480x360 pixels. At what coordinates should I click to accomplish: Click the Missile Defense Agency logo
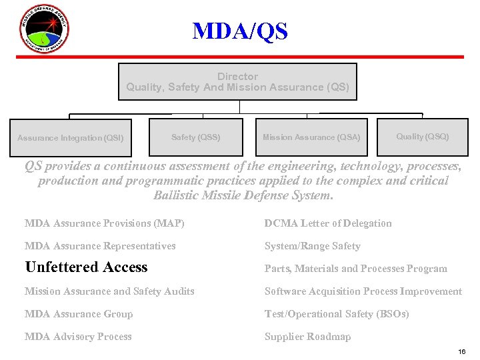[x=43, y=29]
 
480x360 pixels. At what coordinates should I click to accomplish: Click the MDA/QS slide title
[x=240, y=31]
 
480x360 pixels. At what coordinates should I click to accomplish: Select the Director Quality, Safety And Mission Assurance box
[x=237, y=82]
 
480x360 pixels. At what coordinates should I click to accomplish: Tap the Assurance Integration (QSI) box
[x=70, y=138]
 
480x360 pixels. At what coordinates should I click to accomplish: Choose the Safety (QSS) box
[x=195, y=137]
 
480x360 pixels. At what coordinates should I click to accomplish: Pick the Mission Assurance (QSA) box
[x=311, y=137]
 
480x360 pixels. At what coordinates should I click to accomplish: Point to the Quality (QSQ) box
[x=423, y=137]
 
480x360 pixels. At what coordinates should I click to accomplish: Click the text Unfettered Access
[x=86, y=267]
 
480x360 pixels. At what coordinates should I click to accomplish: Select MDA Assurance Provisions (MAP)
[x=104, y=223]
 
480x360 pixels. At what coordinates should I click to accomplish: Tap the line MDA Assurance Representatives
[x=100, y=246]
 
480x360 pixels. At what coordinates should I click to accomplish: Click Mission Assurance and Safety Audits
[x=109, y=291]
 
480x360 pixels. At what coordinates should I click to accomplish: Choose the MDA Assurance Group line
[x=79, y=314]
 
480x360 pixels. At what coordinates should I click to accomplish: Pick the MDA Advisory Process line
[x=78, y=337]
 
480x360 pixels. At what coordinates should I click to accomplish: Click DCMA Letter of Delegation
[x=328, y=223]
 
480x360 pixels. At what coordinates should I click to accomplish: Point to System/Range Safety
[x=312, y=246]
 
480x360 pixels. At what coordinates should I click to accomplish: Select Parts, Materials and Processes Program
[x=355, y=269]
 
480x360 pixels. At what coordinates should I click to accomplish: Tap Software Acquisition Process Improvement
[x=363, y=291]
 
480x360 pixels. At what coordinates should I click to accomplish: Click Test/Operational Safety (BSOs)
[x=337, y=314]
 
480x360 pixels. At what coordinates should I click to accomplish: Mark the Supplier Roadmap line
[x=307, y=337]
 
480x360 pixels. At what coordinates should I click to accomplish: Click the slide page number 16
[x=462, y=351]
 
